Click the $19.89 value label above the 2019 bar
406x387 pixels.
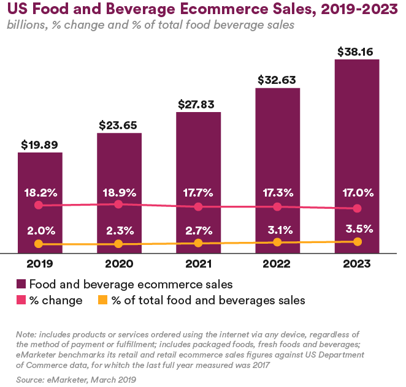pos(39,145)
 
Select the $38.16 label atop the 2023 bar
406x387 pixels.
pos(355,51)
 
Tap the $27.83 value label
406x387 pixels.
pos(196,105)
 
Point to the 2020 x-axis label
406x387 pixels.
pos(119,264)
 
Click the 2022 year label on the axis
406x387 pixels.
pos(277,264)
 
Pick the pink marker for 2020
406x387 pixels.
pos(118,205)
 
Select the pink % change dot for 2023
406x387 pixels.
pos(358,208)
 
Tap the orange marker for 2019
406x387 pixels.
pos(39,244)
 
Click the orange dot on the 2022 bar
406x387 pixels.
pos(277,242)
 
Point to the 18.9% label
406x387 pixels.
pos(120,193)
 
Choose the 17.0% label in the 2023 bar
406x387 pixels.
pos(358,193)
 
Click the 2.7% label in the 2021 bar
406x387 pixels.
pos(199,230)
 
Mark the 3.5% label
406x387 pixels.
pos(359,229)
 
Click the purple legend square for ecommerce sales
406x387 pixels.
pos(21,284)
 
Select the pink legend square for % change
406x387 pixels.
pos(21,300)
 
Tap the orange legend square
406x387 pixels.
pos(103,300)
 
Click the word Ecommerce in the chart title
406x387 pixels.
pos(223,9)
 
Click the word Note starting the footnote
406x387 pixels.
pos(26,334)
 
